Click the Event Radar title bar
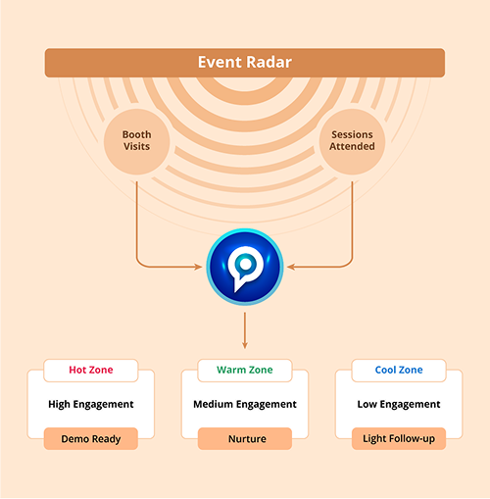(x=245, y=64)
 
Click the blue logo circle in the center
(x=245, y=265)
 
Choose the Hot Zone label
(x=91, y=370)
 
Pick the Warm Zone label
(x=245, y=370)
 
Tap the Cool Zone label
(x=399, y=370)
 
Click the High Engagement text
(x=91, y=404)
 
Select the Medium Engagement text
(x=245, y=404)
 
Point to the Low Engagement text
(x=399, y=404)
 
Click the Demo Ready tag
(x=91, y=438)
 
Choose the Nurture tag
(x=245, y=438)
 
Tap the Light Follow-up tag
(x=399, y=438)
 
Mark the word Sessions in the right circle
(x=352, y=134)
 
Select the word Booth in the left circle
(x=136, y=134)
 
